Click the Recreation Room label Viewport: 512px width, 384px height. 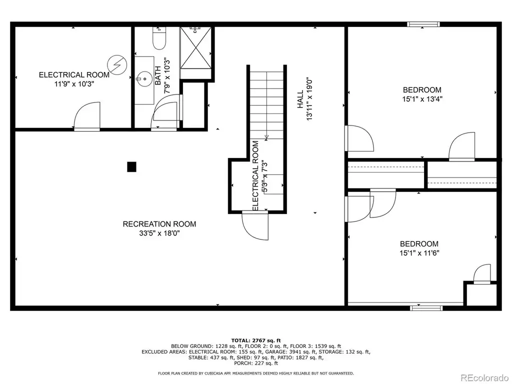159,224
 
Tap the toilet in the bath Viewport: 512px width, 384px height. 159,38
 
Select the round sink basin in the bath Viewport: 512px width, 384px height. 144,78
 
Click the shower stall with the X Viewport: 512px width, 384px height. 196,48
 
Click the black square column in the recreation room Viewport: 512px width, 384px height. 131,167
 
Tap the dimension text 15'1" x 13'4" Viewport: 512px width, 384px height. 422,99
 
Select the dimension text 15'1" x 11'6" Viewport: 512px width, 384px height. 419,252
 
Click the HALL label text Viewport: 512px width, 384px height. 300,99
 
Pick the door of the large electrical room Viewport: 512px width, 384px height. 87,116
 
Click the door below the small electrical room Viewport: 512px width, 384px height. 255,225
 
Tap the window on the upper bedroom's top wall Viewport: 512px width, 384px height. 423,24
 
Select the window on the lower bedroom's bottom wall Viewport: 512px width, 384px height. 426,308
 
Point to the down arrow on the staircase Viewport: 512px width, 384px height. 267,137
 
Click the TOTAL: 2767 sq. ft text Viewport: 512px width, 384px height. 256,340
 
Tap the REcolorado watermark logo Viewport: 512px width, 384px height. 484,377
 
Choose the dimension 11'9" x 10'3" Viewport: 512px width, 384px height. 74,84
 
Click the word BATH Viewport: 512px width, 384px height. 158,76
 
